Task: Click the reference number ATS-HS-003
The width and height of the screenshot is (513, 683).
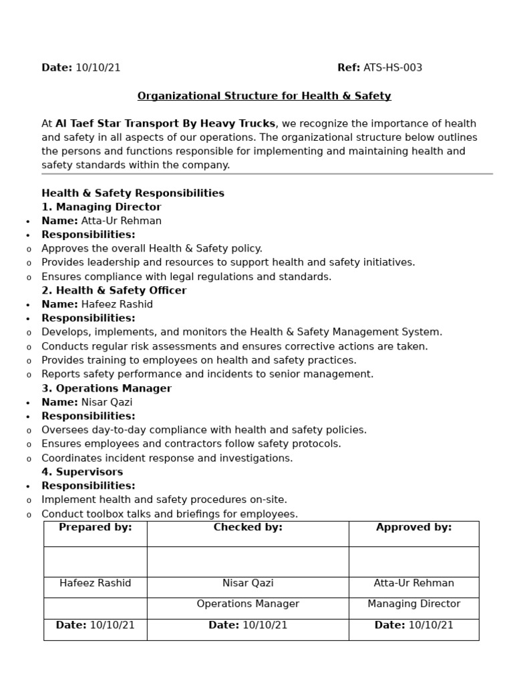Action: click(392, 68)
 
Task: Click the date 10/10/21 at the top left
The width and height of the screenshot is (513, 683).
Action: click(98, 68)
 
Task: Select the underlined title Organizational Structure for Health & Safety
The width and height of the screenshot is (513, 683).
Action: click(264, 96)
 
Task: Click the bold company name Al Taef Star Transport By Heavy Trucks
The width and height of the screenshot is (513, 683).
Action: click(165, 123)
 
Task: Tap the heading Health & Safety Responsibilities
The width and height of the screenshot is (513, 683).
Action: click(133, 193)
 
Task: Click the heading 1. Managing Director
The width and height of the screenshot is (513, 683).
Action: click(102, 207)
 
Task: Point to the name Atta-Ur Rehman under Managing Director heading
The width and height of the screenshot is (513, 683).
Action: click(121, 221)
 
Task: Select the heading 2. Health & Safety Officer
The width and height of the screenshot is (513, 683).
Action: click(114, 291)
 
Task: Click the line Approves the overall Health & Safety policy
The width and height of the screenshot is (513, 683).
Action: click(152, 249)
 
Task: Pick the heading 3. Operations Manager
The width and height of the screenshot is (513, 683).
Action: click(106, 388)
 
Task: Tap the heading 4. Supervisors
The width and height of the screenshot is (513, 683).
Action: click(82, 472)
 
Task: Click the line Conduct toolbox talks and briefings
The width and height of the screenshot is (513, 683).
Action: click(170, 514)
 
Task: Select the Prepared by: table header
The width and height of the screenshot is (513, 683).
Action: click(96, 528)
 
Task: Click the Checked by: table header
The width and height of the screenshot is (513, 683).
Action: click(248, 528)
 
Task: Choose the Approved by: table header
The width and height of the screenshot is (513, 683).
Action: click(413, 528)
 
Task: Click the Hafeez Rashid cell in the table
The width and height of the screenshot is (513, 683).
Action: click(96, 584)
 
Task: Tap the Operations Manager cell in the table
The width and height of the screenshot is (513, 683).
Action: click(248, 604)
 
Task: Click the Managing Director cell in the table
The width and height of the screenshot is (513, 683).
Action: click(413, 604)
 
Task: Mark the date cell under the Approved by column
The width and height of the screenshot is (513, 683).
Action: click(413, 626)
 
